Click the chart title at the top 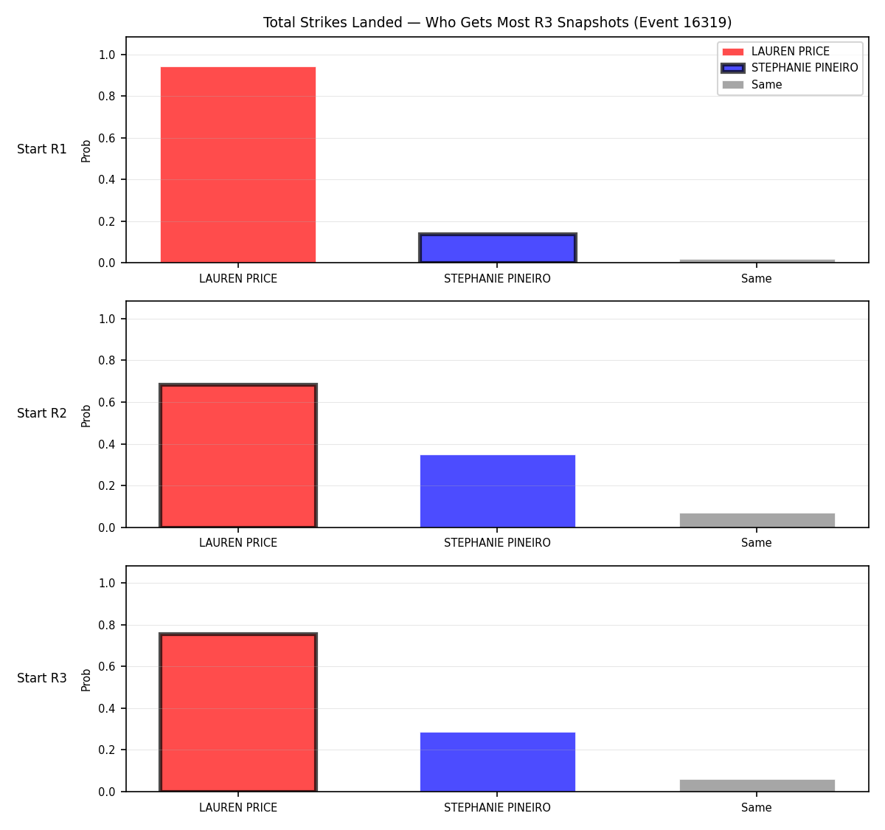click(x=497, y=22)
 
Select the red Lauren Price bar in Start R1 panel click(x=238, y=165)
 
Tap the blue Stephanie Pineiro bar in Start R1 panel click(x=497, y=248)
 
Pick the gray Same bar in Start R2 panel click(x=757, y=520)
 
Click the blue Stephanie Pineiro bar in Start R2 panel click(x=497, y=491)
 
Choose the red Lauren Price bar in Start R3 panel click(x=238, y=712)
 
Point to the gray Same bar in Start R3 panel click(x=757, y=786)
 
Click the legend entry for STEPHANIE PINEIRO click(x=789, y=68)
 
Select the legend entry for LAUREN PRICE click(x=776, y=52)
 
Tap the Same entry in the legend click(x=752, y=84)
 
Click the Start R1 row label click(x=42, y=149)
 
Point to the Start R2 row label click(x=42, y=413)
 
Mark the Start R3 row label click(x=42, y=677)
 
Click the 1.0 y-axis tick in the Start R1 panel click(x=106, y=55)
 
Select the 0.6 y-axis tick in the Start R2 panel click(x=106, y=402)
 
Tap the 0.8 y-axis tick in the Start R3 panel click(x=106, y=626)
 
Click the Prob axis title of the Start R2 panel click(x=86, y=415)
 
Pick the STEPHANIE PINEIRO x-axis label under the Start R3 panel click(x=497, y=807)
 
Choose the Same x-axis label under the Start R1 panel click(x=756, y=278)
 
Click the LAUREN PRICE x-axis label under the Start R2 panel click(x=238, y=543)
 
